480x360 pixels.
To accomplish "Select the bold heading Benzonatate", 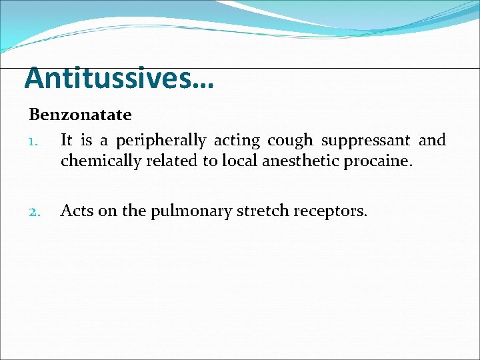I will pyautogui.click(x=80, y=115).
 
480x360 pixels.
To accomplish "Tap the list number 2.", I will pyautogui.click(x=36, y=212).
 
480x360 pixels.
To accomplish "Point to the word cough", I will pyautogui.click(x=290, y=141).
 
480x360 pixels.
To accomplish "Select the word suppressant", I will pyautogui.click(x=365, y=141).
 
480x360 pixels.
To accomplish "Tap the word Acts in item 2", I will pyautogui.click(x=75, y=211).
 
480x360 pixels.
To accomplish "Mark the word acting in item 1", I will pyautogui.click(x=238, y=141).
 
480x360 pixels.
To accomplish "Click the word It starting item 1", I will pyautogui.click(x=67, y=141).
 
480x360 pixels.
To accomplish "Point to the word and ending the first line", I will pyautogui.click(x=432, y=141).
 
